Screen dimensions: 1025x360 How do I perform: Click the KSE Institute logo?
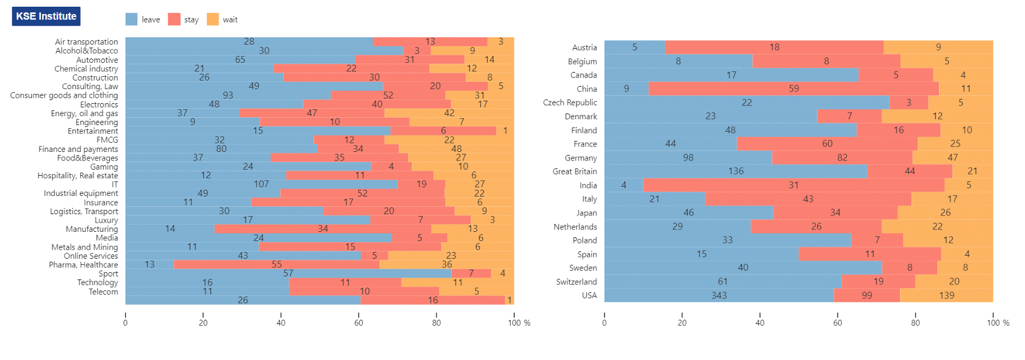pyautogui.click(x=46, y=16)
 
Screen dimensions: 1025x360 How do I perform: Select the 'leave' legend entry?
pyautogui.click(x=143, y=19)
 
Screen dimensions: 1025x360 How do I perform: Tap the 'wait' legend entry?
pyautogui.click(x=222, y=19)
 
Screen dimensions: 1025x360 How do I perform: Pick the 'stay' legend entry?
pyautogui.click(x=184, y=19)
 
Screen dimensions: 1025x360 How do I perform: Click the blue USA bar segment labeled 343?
pyautogui.click(x=719, y=295)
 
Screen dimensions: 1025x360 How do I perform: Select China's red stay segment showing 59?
pyautogui.click(x=793, y=88)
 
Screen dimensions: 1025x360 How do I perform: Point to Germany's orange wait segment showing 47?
pyautogui.click(x=953, y=158)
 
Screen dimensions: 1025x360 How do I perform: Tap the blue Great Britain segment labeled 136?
pyautogui.click(x=736, y=171)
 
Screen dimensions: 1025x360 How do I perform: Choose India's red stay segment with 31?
pyautogui.click(x=793, y=185)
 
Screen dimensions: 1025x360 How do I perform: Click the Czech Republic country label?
pyautogui.click(x=570, y=103)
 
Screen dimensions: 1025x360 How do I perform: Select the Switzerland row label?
pyautogui.click(x=576, y=282)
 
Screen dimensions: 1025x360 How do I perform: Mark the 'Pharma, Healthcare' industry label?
pyautogui.click(x=83, y=265)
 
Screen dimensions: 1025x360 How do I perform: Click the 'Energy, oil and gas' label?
pyautogui.click(x=84, y=113)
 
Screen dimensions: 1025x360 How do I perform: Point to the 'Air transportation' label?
pyautogui.click(x=87, y=41)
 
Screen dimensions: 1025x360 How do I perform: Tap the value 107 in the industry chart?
pyautogui.click(x=261, y=184)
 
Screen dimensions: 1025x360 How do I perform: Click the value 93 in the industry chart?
pyautogui.click(x=228, y=95)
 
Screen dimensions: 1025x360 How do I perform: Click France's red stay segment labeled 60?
pyautogui.click(x=827, y=144)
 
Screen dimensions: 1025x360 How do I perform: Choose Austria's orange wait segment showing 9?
pyautogui.click(x=938, y=47)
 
